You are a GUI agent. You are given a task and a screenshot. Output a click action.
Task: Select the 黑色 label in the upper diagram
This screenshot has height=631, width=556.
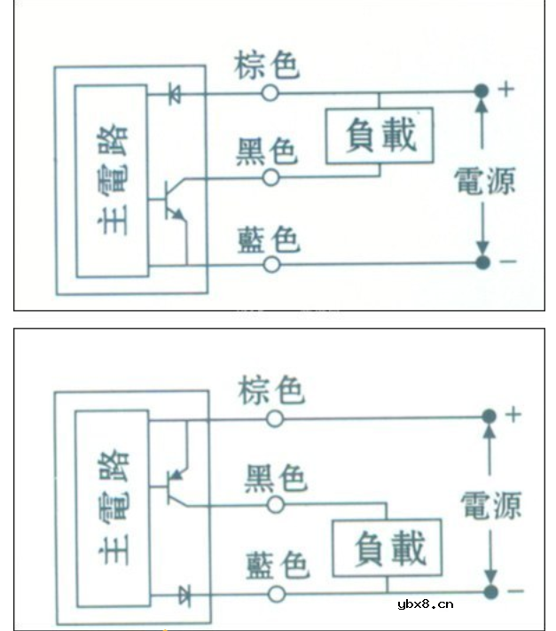coord(265,152)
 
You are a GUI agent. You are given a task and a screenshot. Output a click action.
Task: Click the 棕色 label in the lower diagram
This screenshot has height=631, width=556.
coord(271,390)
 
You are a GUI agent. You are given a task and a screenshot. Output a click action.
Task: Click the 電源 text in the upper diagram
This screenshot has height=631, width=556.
coord(484,181)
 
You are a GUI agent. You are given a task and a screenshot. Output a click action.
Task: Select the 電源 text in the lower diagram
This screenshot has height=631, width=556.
coord(490,505)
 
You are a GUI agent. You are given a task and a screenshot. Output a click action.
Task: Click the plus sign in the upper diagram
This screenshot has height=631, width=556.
coord(507,90)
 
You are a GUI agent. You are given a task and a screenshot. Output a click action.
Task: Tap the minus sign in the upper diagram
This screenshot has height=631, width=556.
coord(508,262)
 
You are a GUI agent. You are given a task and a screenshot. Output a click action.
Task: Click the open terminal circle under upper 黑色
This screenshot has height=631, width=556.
coord(270,178)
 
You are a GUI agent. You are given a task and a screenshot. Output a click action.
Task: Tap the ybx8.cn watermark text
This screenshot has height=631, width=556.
coord(425,604)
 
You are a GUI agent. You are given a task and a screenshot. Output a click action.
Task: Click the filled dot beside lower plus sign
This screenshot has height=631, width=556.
coord(487,416)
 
